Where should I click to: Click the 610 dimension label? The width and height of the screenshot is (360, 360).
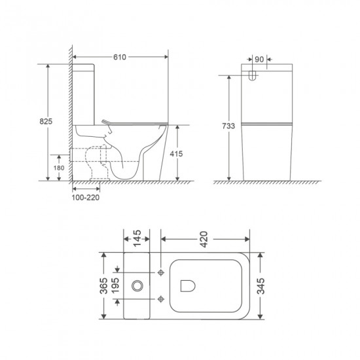click(120, 58)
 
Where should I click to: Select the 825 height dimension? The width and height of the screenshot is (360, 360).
click(46, 122)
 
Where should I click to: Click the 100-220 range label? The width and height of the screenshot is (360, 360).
click(86, 196)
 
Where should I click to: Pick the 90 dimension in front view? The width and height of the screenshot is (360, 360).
click(259, 60)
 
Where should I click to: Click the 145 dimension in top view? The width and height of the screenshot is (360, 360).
click(137, 236)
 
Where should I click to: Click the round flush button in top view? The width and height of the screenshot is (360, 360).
click(137, 285)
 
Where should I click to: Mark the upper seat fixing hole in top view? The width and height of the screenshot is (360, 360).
click(161, 271)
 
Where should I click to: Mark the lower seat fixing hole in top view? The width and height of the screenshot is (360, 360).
click(161, 300)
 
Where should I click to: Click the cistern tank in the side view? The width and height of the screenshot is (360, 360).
click(86, 92)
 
